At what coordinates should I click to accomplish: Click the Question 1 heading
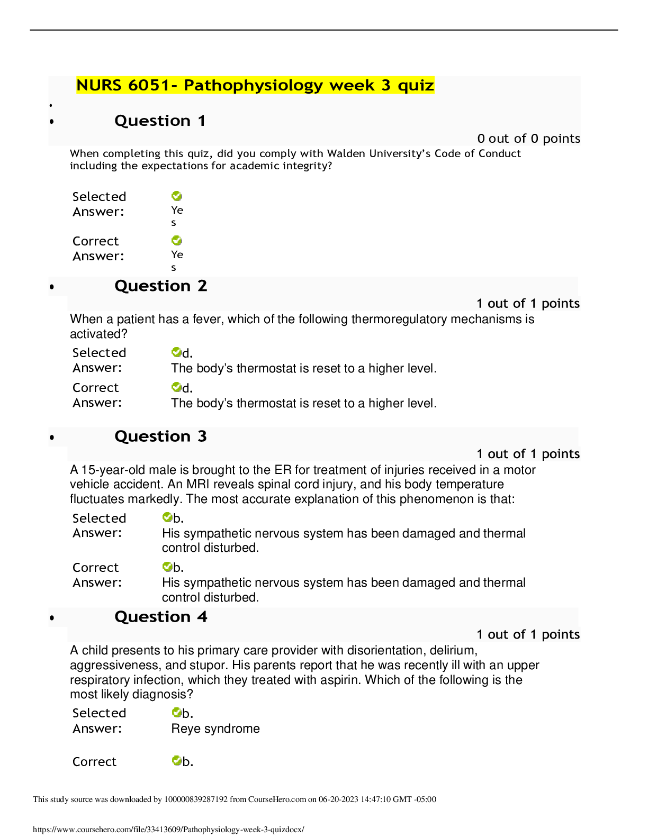160,121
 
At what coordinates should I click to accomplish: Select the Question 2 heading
160,286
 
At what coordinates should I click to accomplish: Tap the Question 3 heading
160,436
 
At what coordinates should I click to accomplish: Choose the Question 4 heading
160,617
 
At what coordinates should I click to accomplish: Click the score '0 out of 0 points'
528,139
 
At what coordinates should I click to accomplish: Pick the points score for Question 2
528,304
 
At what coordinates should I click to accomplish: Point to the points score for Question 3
528,454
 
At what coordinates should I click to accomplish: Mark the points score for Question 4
528,634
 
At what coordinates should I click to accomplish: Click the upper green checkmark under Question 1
177,196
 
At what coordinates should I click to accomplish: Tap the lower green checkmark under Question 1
177,241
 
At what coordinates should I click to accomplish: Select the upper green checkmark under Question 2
177,352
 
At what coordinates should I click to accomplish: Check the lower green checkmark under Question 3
167,567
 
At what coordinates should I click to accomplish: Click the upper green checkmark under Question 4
177,713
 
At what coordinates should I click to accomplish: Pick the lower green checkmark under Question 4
177,760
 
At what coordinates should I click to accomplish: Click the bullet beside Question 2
52,287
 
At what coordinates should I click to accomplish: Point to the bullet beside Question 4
52,618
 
